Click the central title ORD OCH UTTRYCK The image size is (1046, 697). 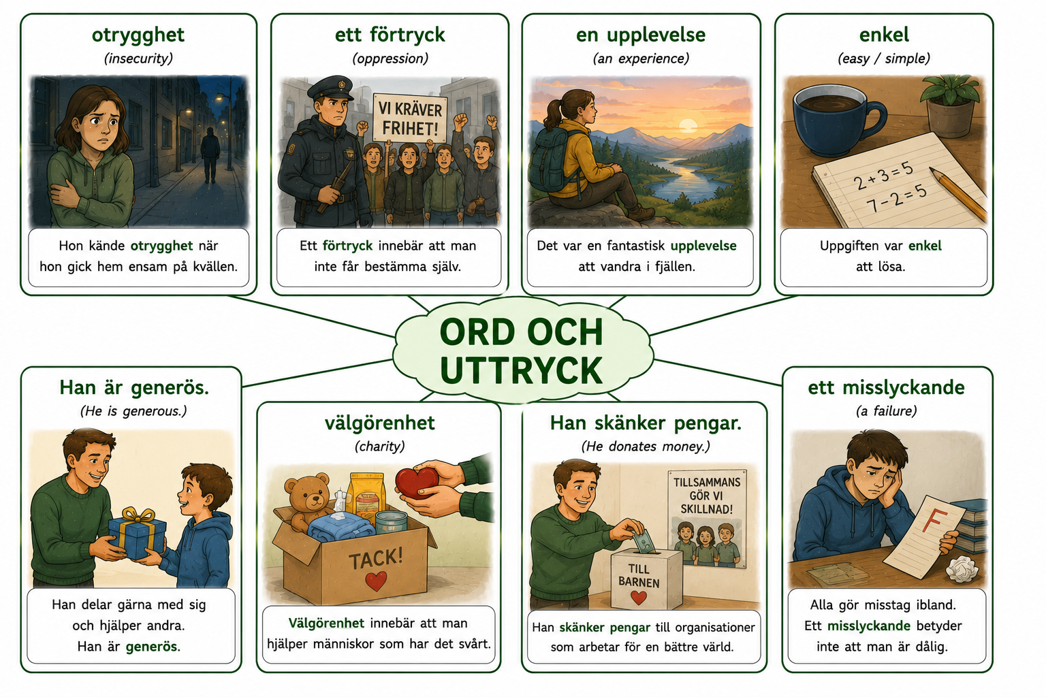[522, 351]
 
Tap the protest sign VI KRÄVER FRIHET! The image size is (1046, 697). [409, 118]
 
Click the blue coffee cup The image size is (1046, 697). [835, 120]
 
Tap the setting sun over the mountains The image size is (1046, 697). [688, 126]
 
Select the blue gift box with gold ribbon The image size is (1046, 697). [138, 533]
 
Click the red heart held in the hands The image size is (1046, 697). [417, 482]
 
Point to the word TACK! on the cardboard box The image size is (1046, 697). [375, 559]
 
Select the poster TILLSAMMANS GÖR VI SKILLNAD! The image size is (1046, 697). [706, 519]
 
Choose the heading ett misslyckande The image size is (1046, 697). [886, 387]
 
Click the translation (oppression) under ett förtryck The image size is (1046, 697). [390, 59]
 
